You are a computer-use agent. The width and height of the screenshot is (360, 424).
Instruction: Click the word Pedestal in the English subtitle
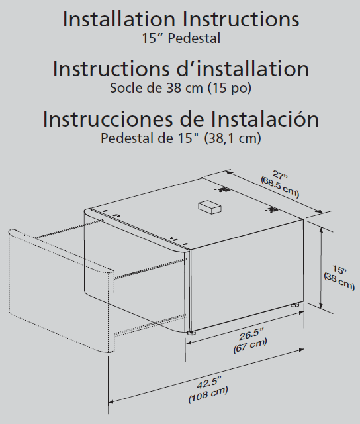(194, 38)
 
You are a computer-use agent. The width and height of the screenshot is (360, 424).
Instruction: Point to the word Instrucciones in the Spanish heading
(108, 119)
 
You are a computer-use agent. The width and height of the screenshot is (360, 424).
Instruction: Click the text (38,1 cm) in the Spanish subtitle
(233, 138)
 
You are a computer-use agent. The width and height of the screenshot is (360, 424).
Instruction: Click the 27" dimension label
(280, 175)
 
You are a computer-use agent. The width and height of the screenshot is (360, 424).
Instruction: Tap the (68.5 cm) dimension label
(280, 187)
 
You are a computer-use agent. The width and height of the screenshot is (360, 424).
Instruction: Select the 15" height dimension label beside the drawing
(339, 270)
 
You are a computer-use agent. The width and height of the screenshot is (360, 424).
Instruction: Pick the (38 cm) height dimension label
(339, 282)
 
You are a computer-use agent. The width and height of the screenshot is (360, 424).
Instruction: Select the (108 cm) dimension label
(208, 395)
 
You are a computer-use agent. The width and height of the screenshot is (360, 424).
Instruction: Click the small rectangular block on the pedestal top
(210, 207)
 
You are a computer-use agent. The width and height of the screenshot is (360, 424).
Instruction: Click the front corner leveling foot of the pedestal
(191, 332)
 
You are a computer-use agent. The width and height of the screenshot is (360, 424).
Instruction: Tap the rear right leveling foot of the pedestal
(295, 305)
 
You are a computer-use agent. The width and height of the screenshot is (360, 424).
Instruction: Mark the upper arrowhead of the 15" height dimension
(321, 231)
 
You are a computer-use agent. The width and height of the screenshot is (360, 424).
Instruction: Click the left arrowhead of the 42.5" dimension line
(111, 402)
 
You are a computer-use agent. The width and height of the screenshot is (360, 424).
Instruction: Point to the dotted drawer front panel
(61, 291)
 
